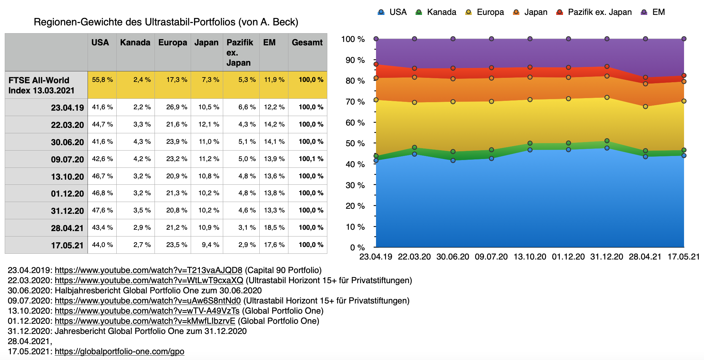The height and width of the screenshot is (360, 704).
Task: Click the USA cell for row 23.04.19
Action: [x=102, y=107]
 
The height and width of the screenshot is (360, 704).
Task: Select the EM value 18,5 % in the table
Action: [x=274, y=228]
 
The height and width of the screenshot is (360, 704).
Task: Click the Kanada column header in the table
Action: [x=135, y=43]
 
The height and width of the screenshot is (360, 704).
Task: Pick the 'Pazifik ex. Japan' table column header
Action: [x=240, y=52]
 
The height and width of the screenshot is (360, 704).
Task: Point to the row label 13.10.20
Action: [x=67, y=177]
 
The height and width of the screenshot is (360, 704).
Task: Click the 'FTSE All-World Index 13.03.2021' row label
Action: [x=41, y=85]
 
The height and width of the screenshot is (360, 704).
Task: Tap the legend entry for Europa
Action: [x=485, y=12]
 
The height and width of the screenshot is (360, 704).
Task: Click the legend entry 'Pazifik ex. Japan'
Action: [x=594, y=12]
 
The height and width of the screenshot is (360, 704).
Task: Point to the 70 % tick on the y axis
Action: [x=355, y=102]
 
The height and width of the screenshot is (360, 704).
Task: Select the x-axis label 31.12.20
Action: [x=607, y=257]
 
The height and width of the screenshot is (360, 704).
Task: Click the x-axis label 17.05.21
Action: [x=683, y=257]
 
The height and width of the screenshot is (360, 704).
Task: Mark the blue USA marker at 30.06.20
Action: [x=453, y=160]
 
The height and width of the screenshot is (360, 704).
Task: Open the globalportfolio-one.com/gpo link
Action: [x=119, y=352]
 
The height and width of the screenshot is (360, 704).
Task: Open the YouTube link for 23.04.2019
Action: [x=148, y=270]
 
